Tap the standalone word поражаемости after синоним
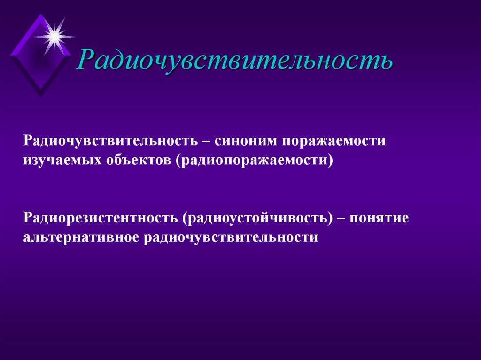[x=334, y=141]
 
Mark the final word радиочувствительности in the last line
[x=231, y=237]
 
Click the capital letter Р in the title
[x=87, y=59]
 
